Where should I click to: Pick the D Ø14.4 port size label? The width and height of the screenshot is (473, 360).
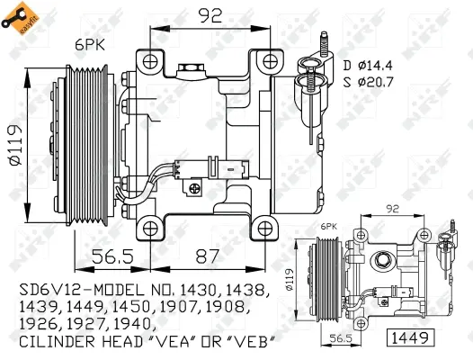369,66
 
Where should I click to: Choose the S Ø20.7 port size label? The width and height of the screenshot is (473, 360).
369,83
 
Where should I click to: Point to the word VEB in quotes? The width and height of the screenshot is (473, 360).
250,344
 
